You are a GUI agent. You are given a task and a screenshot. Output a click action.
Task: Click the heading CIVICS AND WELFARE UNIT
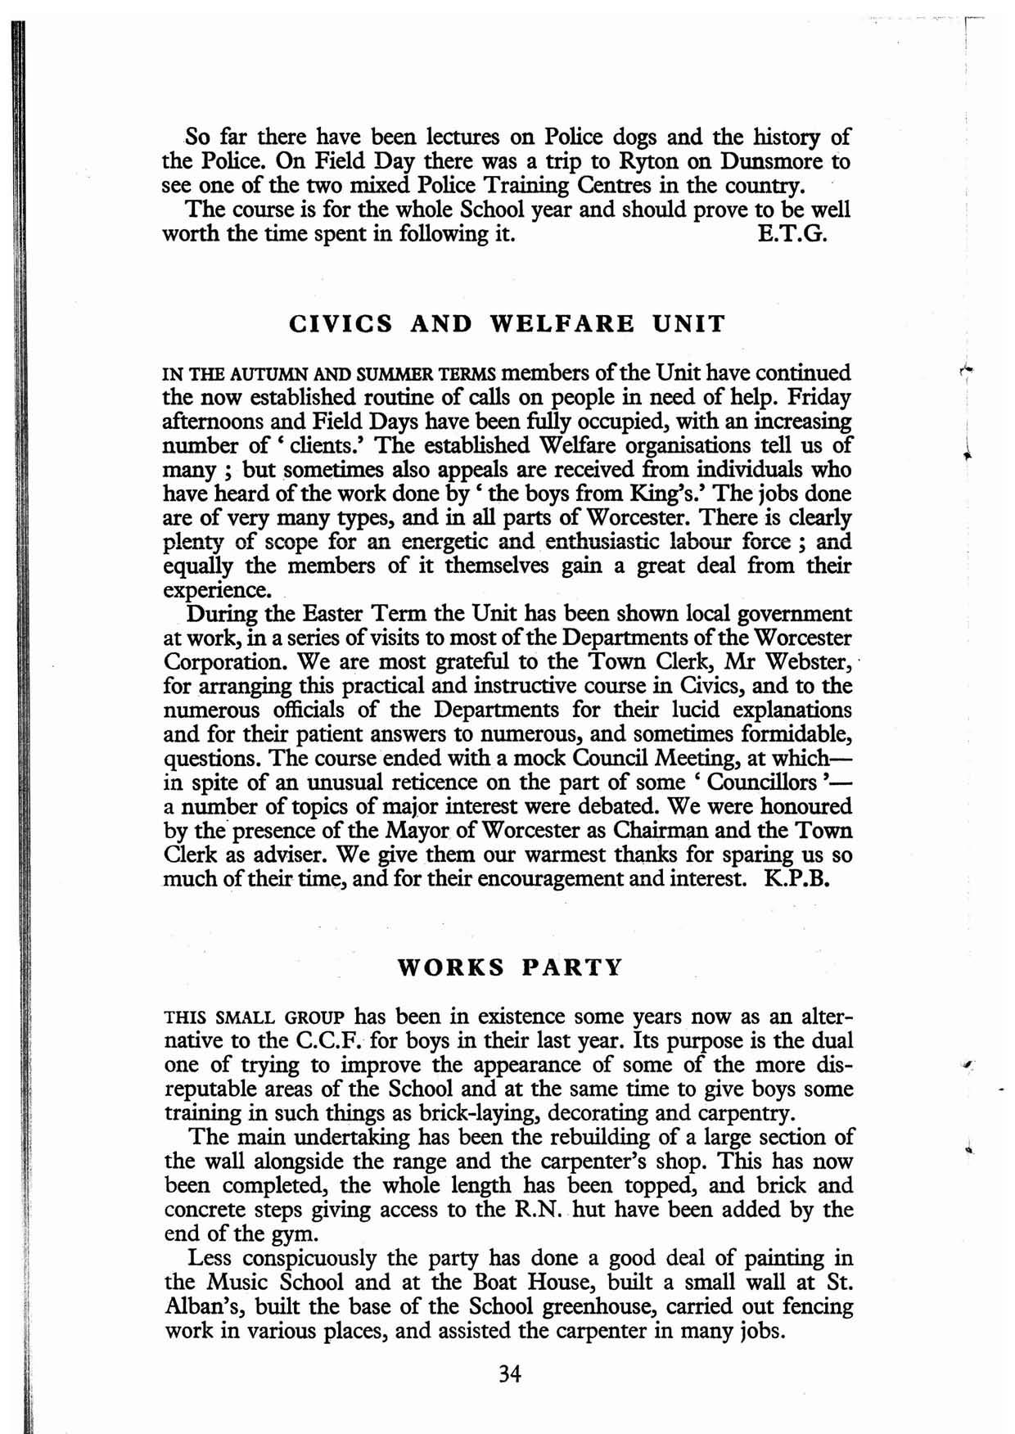coord(508,324)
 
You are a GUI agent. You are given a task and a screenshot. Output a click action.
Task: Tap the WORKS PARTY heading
coord(509,967)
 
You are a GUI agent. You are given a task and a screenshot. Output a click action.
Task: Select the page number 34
coord(509,1374)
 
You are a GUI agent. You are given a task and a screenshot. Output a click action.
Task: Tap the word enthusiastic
coord(601,542)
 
